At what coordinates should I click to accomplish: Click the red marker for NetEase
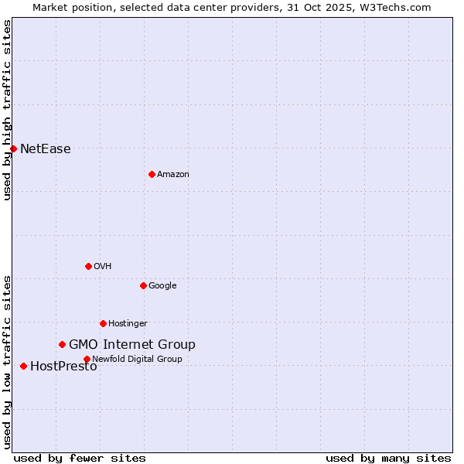[13, 148]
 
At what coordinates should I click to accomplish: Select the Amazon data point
[152, 174]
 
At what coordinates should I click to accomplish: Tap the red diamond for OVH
[88, 266]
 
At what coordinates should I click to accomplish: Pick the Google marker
[143, 285]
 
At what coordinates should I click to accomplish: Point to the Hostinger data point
[103, 323]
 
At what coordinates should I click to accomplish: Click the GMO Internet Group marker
[62, 344]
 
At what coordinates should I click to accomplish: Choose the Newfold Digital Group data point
[87, 359]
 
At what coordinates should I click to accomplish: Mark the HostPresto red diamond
[23, 366]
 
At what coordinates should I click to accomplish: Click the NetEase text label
[45, 149]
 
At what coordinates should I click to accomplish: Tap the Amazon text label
[173, 175]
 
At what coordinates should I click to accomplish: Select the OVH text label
[103, 267]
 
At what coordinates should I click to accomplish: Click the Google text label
[162, 286]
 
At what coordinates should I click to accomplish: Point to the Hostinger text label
[128, 324]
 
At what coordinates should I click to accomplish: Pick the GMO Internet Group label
[132, 345]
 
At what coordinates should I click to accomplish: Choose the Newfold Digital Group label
[137, 360]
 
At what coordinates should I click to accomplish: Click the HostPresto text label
[63, 367]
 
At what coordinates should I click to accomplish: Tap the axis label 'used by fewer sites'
[80, 458]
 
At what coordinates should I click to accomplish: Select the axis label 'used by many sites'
[388, 458]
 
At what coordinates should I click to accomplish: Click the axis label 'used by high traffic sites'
[7, 110]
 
